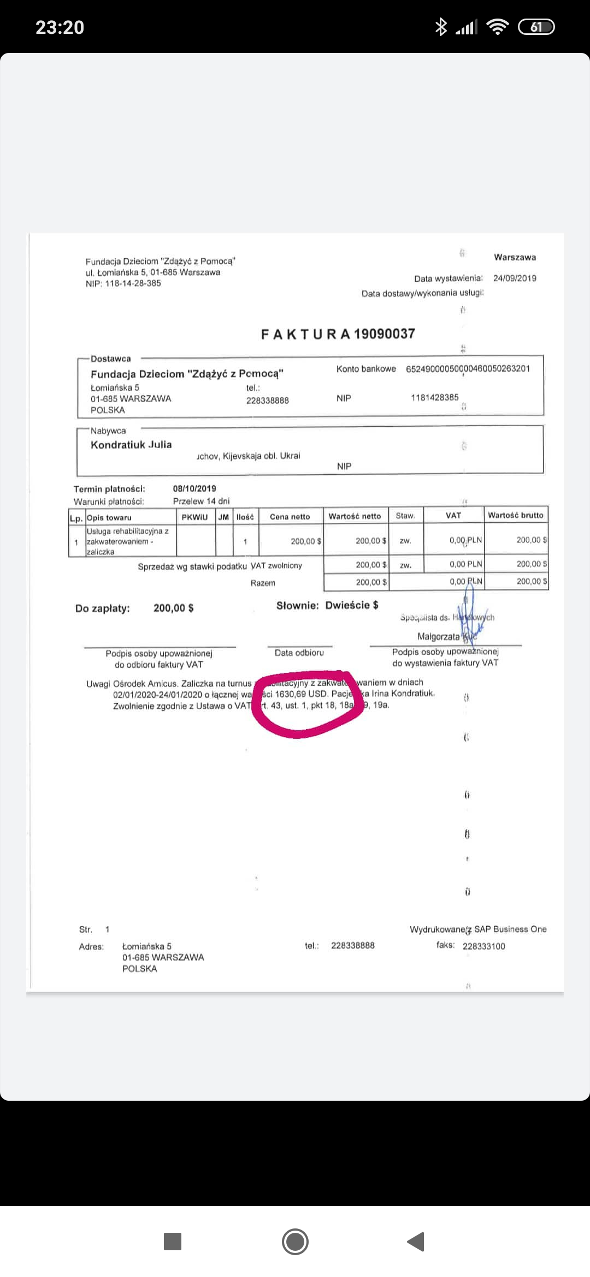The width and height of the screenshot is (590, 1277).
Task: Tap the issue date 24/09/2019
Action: [x=515, y=278]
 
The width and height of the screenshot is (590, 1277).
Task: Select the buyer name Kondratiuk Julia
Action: [x=131, y=444]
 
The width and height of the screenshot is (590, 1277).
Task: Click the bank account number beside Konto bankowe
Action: [x=468, y=368]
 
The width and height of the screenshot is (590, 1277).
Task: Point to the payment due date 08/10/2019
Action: [x=194, y=488]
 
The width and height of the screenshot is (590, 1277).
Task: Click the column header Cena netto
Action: [x=290, y=516]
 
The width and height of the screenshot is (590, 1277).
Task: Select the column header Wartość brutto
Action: [x=515, y=515]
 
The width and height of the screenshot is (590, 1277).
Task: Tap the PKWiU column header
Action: [x=194, y=517]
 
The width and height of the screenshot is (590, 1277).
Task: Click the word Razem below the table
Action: [x=263, y=583]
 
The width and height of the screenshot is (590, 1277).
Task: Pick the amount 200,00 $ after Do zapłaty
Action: [x=173, y=608]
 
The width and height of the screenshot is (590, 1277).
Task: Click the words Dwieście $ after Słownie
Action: [x=351, y=605]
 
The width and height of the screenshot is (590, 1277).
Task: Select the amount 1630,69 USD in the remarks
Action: [x=301, y=694]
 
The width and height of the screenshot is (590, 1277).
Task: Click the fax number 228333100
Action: [x=483, y=946]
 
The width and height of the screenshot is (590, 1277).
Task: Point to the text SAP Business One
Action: [x=510, y=929]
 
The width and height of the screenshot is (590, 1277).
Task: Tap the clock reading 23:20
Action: [x=60, y=27]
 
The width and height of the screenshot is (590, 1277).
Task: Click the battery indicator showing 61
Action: [x=536, y=27]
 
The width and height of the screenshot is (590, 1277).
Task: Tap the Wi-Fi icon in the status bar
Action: [x=497, y=27]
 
